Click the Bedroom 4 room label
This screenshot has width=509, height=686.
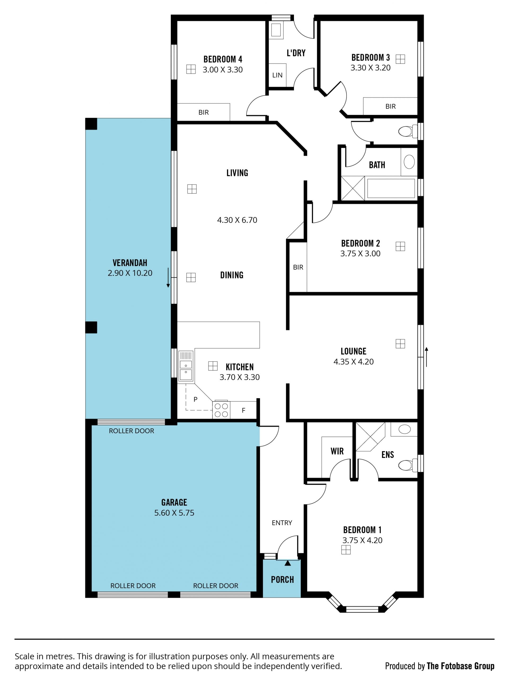(x=222, y=59)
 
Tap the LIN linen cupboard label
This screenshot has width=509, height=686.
(x=277, y=75)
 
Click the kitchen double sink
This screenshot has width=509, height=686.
(x=186, y=366)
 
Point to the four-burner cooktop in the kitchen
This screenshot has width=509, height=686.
(x=221, y=410)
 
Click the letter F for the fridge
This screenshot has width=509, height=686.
(x=243, y=410)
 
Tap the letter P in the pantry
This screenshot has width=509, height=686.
(x=195, y=399)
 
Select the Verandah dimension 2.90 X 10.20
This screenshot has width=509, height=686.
(x=130, y=273)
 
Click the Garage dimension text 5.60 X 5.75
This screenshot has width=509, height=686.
(x=174, y=513)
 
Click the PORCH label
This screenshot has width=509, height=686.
(x=282, y=580)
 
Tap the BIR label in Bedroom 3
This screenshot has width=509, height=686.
(x=390, y=107)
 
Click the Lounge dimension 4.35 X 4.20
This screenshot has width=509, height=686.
(x=354, y=362)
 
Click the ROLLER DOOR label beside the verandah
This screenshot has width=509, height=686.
(x=131, y=431)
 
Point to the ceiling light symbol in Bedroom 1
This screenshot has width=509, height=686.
(x=346, y=550)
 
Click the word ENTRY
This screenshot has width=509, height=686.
(x=282, y=523)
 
